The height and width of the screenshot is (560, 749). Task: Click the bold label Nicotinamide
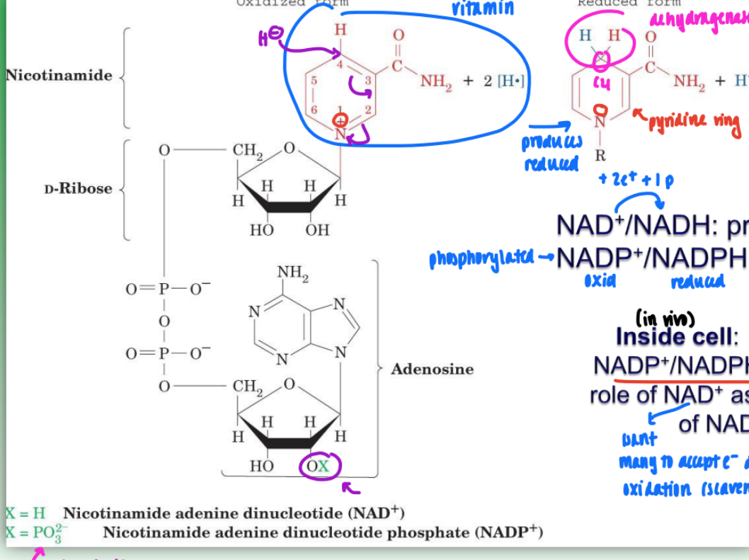(59, 76)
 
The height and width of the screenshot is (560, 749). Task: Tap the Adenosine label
(432, 369)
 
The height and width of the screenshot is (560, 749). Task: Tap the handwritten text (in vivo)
(665, 316)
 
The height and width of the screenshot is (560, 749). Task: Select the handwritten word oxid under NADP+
(600, 280)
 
